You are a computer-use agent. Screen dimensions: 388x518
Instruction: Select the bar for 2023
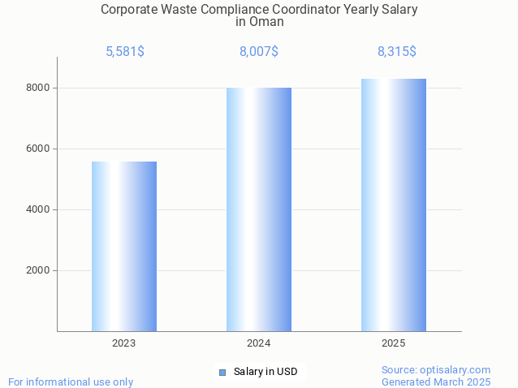[x=124, y=246]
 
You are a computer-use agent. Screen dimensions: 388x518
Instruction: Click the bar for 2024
[x=259, y=209]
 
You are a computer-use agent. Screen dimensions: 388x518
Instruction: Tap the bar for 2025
[x=394, y=205]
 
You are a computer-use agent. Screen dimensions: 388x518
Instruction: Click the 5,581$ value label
[x=125, y=52]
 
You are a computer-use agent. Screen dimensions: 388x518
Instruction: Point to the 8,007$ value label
[x=259, y=52]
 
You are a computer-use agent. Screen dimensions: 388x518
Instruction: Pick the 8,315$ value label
[x=397, y=52]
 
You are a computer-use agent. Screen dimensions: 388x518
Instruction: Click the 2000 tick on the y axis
[x=39, y=270]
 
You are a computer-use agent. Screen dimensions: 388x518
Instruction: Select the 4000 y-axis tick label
[x=39, y=209]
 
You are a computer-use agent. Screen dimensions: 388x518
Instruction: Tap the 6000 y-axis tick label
[x=39, y=149]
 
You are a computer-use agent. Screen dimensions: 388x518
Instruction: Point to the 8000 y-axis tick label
[x=39, y=88]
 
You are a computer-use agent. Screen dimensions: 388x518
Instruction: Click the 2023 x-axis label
[x=124, y=343]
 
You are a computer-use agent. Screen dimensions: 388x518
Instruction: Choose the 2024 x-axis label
[x=259, y=343]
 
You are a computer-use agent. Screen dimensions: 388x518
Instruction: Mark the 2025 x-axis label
[x=394, y=343]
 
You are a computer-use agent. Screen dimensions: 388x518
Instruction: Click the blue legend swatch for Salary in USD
[x=222, y=373]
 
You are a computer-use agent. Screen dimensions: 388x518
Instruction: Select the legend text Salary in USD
[x=265, y=373]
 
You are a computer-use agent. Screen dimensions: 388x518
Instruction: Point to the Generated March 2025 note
[x=436, y=382]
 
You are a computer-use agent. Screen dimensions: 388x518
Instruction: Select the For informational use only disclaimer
[x=71, y=382]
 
